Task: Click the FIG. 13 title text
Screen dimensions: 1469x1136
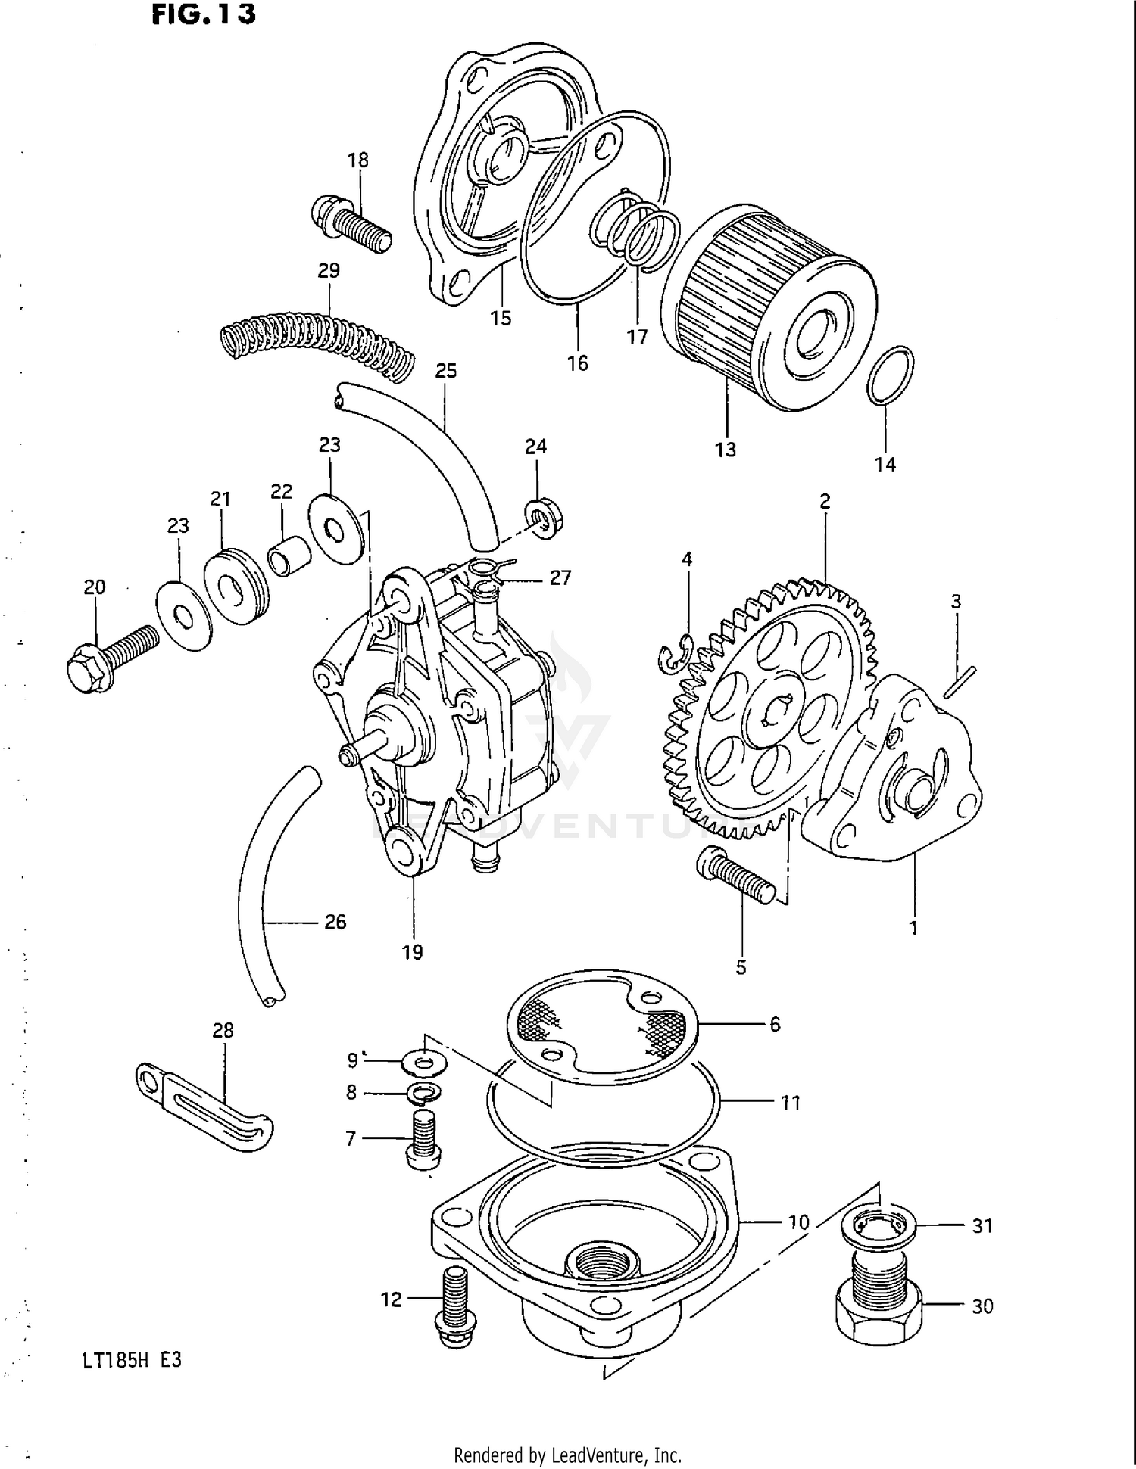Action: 203,14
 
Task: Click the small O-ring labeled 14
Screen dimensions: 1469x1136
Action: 890,375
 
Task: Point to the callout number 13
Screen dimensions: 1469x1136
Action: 725,450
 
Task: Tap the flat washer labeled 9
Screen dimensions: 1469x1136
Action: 425,1063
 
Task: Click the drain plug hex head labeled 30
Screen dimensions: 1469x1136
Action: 879,1318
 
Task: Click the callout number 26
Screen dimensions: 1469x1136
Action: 335,922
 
